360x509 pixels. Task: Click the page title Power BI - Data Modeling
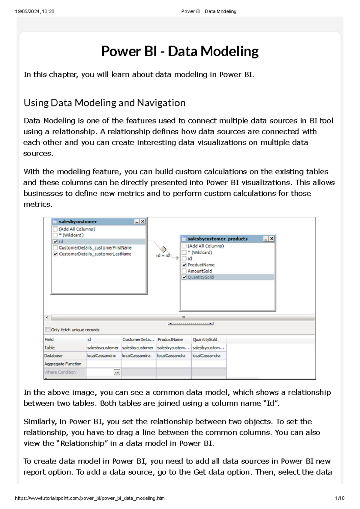tap(180, 51)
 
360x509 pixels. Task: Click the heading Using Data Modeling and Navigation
tap(104, 103)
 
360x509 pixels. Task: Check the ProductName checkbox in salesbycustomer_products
tap(184, 265)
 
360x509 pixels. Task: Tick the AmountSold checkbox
tap(184, 271)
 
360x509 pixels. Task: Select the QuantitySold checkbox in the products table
tap(184, 277)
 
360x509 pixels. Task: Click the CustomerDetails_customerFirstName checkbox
tap(55, 248)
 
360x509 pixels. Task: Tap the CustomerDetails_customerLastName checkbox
tap(55, 254)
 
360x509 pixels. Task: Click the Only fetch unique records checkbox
tap(47, 329)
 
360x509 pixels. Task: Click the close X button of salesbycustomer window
tap(143, 222)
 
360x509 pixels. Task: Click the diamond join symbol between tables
tap(163, 249)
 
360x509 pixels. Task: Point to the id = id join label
tap(163, 255)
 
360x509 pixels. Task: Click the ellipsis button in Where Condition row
tap(117, 372)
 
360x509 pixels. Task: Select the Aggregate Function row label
tap(63, 364)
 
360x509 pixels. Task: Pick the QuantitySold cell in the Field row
tap(205, 339)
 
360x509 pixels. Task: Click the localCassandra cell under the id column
tap(101, 356)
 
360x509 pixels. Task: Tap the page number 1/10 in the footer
tap(340, 498)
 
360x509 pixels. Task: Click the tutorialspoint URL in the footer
tap(90, 498)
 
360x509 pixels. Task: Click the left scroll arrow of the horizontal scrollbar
tap(47, 317)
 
